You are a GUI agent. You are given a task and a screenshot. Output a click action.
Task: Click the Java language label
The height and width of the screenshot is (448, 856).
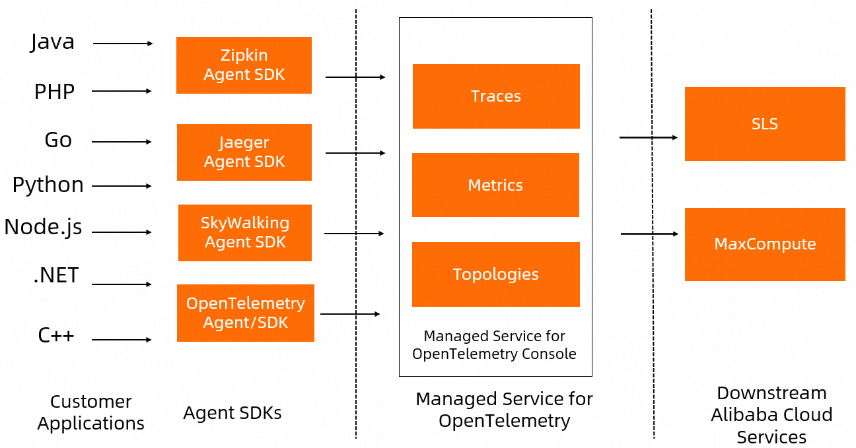tap(52, 42)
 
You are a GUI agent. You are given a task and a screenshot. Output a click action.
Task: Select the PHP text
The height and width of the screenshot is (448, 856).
tap(54, 92)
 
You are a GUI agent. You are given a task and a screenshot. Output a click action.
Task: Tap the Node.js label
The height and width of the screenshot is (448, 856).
tap(43, 227)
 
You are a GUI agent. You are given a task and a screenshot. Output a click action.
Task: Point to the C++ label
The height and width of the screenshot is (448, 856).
tap(56, 336)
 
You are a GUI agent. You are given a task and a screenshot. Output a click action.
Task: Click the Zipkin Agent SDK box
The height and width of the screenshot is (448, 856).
tap(244, 65)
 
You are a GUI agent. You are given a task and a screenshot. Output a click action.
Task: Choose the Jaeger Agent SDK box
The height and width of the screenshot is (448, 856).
tap(244, 152)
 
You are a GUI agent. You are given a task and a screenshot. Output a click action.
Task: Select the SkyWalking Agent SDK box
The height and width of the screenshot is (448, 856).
tap(244, 233)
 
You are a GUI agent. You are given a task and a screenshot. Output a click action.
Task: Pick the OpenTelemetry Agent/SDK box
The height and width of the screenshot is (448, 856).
tap(245, 313)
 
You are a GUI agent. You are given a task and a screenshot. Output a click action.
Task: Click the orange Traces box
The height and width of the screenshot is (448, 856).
tap(496, 96)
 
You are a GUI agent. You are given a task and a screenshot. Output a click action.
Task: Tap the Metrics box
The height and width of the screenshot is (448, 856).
tap(495, 185)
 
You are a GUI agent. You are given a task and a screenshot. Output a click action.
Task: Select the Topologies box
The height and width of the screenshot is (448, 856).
tap(495, 274)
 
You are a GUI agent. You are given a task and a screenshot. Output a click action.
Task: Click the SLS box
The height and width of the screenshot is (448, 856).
tap(765, 124)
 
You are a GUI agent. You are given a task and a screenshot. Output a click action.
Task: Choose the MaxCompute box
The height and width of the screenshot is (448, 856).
tap(765, 244)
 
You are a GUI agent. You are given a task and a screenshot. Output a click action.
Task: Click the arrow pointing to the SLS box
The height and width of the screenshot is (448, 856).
tap(648, 137)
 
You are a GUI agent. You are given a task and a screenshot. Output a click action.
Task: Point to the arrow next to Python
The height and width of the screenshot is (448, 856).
tap(122, 186)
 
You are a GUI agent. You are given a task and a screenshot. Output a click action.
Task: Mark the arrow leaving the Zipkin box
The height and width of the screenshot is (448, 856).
tap(355, 77)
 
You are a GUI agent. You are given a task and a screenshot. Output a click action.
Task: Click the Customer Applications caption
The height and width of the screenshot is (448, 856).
tap(90, 412)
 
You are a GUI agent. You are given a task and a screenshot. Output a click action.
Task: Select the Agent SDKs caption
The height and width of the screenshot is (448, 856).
tap(232, 413)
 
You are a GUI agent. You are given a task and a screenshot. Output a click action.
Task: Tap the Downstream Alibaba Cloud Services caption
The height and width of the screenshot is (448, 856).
tap(771, 415)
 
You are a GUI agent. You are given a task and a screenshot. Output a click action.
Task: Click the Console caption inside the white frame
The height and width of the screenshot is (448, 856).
tap(494, 345)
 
